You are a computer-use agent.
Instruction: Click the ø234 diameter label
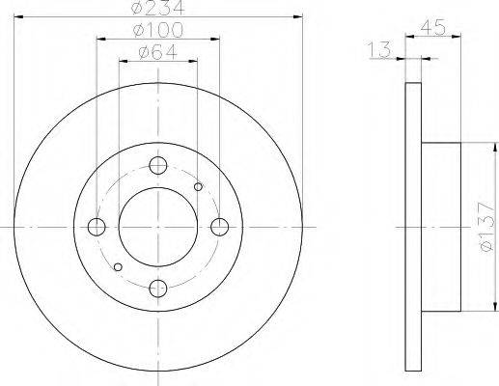click(158, 8)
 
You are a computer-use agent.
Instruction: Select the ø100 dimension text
click(158, 30)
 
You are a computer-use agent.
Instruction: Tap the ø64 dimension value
click(158, 52)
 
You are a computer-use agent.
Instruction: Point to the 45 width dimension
click(433, 27)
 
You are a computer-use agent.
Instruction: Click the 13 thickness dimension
click(379, 50)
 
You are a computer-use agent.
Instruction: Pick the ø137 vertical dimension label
click(485, 227)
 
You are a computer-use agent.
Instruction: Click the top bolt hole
click(158, 165)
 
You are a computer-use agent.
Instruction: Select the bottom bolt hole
click(158, 289)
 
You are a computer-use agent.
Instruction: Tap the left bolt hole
click(97, 227)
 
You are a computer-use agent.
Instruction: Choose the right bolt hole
click(220, 227)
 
